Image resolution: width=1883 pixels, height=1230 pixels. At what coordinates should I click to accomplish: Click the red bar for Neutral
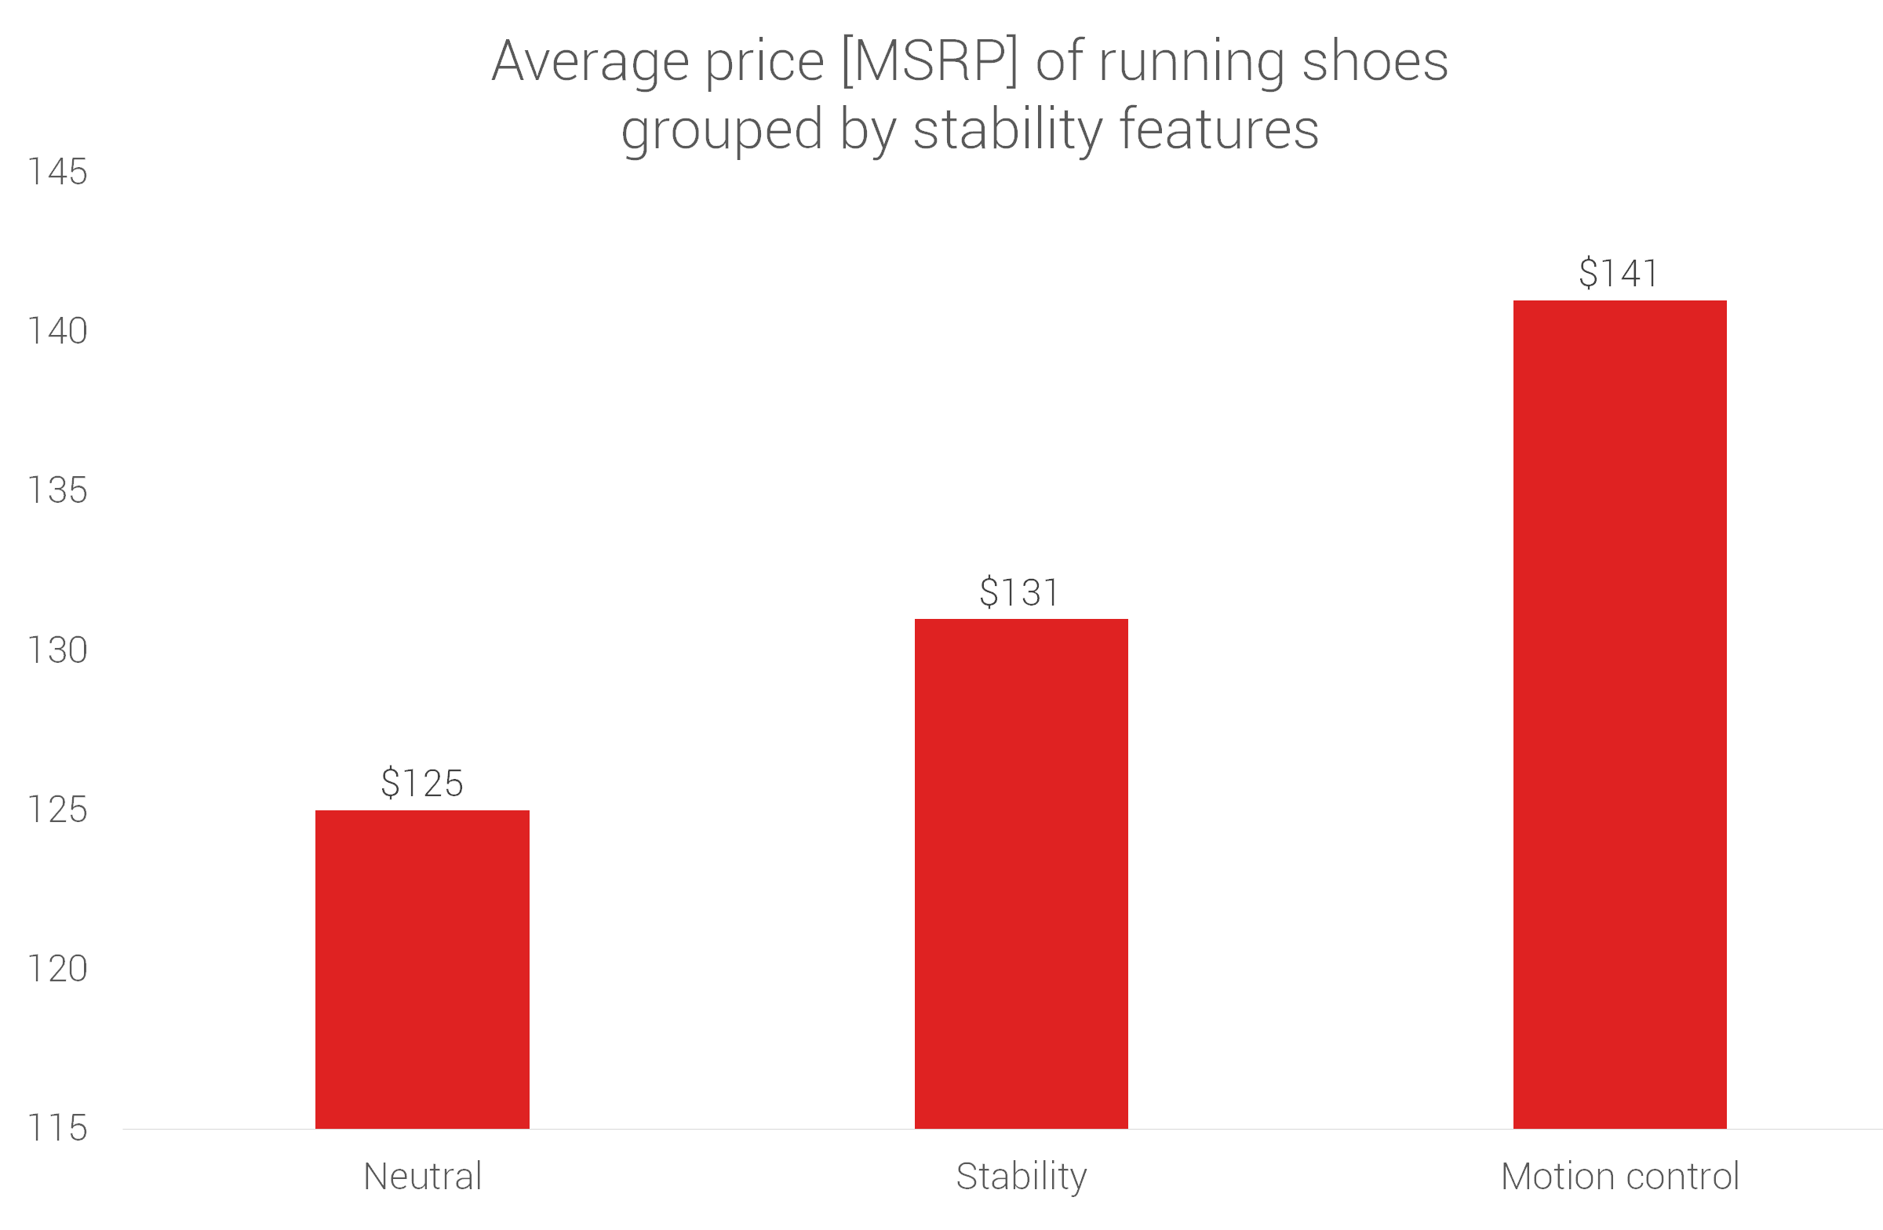click(x=421, y=968)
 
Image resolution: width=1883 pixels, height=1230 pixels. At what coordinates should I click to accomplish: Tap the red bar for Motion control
click(x=1619, y=714)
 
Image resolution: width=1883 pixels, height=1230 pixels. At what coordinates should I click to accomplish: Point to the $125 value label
click(x=421, y=783)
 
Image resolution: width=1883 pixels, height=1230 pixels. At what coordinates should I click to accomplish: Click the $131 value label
click(x=1019, y=592)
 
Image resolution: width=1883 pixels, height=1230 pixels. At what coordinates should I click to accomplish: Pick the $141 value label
click(x=1618, y=273)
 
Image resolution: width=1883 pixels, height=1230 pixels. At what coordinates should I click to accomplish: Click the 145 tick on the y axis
click(x=57, y=172)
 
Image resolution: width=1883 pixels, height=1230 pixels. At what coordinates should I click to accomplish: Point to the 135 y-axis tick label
click(x=57, y=490)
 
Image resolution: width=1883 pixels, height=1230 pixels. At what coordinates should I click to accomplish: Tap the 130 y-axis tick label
click(x=57, y=650)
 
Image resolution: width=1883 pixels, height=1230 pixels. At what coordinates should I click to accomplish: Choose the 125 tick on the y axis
click(x=57, y=810)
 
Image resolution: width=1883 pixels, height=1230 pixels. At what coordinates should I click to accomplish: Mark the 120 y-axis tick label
click(x=57, y=969)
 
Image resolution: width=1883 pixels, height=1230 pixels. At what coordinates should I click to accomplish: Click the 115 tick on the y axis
click(x=57, y=1128)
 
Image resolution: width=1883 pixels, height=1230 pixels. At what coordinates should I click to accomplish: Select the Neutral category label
click(x=422, y=1176)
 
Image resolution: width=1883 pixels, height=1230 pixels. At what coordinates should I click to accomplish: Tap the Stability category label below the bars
click(x=1021, y=1177)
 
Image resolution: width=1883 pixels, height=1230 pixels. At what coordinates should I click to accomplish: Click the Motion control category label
click(x=1619, y=1176)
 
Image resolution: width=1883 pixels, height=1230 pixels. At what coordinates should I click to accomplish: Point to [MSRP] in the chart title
click(x=929, y=62)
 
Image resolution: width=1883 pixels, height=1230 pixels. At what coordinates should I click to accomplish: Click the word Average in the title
click(x=590, y=62)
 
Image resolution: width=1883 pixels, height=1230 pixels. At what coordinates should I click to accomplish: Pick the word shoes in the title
click(x=1375, y=62)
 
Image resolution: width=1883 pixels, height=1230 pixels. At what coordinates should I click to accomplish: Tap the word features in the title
click(x=1218, y=129)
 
